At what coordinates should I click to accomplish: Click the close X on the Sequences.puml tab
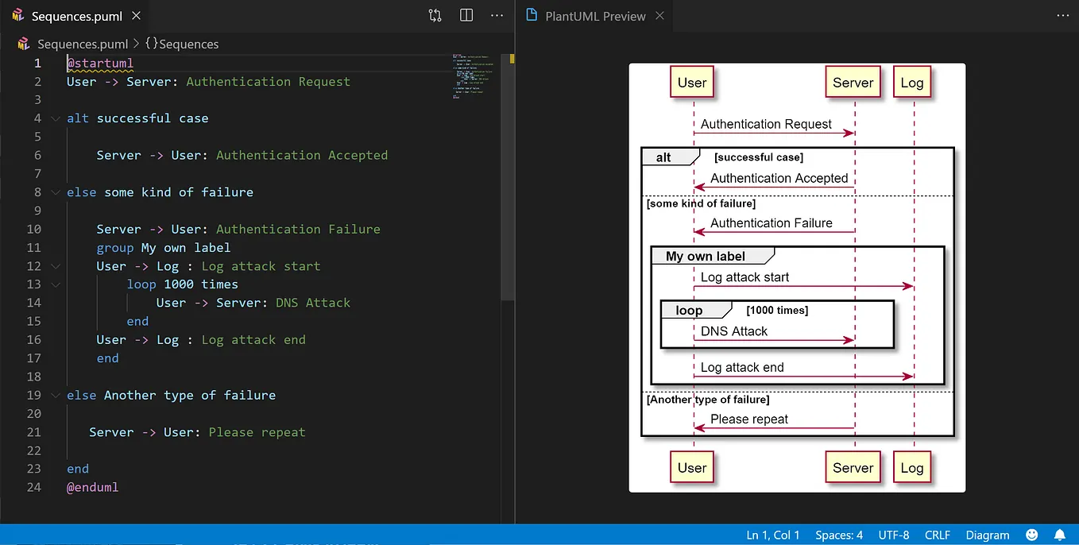tap(137, 16)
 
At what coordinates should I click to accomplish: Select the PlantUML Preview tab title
tap(595, 16)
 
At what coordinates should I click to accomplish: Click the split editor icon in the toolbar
tap(466, 16)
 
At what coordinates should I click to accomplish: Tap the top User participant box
tap(692, 83)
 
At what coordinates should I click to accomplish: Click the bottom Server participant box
tap(853, 468)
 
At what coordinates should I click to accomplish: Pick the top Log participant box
tap(911, 83)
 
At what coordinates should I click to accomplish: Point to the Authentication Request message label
tap(766, 124)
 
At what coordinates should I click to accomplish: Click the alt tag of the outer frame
tap(663, 157)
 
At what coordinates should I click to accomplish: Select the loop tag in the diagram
tap(689, 311)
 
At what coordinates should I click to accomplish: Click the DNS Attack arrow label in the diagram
tap(734, 331)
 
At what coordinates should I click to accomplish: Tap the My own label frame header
tap(706, 256)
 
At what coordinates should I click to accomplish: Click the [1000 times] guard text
tap(777, 311)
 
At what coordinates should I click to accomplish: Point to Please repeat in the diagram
tap(749, 419)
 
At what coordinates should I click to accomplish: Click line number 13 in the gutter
tap(33, 284)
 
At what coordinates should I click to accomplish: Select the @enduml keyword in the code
tap(92, 487)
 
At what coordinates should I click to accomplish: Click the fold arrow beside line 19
tap(55, 396)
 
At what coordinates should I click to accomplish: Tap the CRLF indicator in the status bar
tap(937, 535)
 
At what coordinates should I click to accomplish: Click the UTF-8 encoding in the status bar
tap(894, 535)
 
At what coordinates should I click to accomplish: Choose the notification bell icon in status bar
tap(1059, 535)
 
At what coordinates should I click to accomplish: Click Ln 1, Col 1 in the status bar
tap(773, 535)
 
